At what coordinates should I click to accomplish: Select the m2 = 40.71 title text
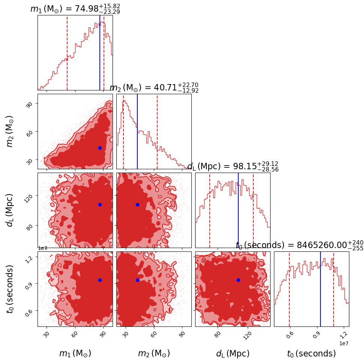click(154, 88)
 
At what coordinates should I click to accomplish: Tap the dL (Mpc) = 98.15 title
click(233, 167)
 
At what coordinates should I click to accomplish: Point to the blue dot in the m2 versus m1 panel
click(100, 148)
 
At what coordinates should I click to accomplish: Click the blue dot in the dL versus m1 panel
click(100, 205)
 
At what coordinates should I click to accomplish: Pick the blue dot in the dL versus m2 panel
click(137, 205)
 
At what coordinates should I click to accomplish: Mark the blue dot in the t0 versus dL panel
click(238, 280)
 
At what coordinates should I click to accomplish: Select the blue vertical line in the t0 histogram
click(320, 289)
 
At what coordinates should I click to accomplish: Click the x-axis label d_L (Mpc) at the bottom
click(233, 353)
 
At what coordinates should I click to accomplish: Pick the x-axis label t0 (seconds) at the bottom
click(311, 353)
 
